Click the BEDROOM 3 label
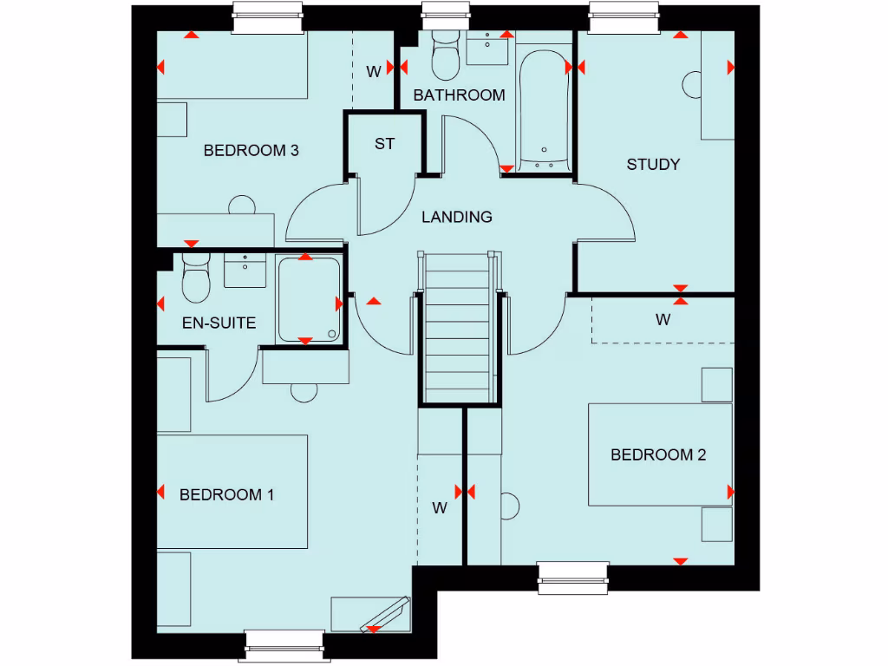(x=251, y=151)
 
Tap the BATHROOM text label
(x=459, y=95)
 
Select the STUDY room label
(x=653, y=164)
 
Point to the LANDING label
(x=457, y=217)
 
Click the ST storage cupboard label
(x=384, y=144)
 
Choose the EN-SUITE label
(x=219, y=323)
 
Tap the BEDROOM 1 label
(x=226, y=495)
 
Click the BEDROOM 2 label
(x=658, y=454)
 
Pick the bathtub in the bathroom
(x=544, y=108)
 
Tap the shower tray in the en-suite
(x=309, y=299)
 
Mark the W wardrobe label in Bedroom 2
(x=663, y=320)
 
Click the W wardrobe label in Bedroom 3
(x=373, y=72)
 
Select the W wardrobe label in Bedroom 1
(x=440, y=508)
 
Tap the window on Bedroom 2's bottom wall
(x=573, y=578)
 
